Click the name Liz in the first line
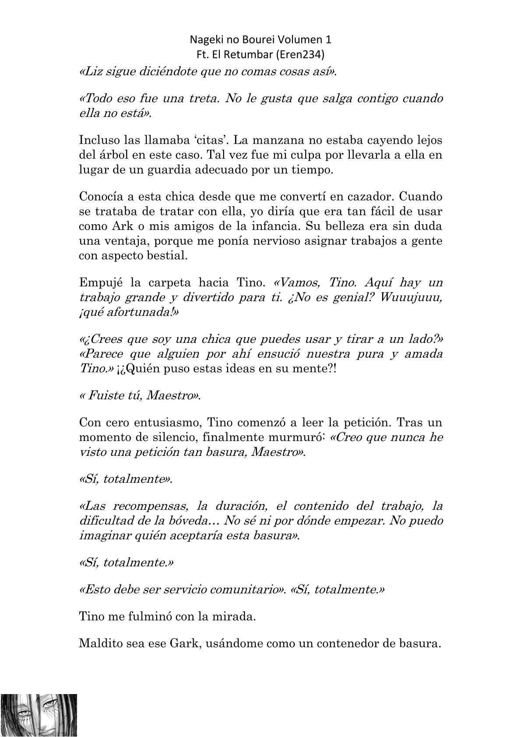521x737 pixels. pos(91,72)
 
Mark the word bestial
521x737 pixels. pos(169,256)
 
